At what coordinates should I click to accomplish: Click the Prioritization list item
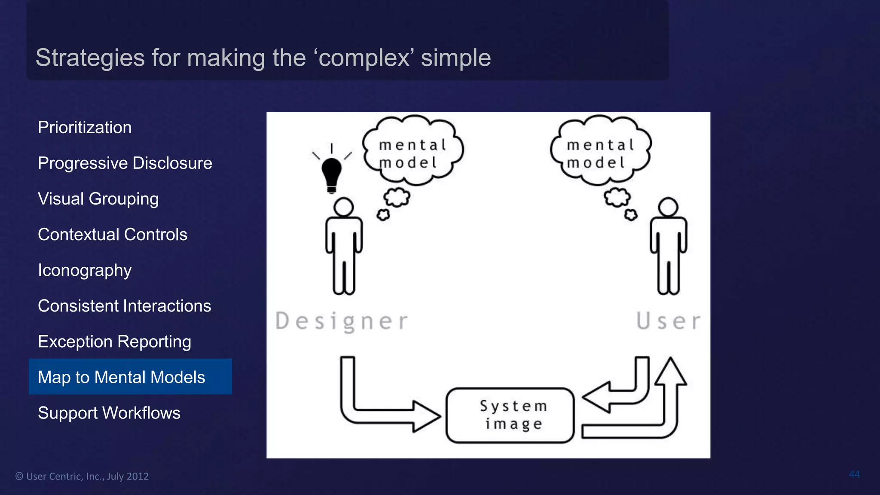tap(85, 128)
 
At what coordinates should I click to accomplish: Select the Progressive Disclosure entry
tap(125, 163)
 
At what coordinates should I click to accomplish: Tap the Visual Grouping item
tap(98, 199)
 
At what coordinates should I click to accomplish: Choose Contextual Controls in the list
tap(113, 235)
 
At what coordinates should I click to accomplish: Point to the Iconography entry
tap(85, 270)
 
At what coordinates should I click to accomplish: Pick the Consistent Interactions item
tap(124, 306)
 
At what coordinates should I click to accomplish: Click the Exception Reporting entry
tap(114, 342)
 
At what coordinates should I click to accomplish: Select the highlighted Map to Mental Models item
tap(122, 377)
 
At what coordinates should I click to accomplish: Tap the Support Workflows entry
tap(109, 413)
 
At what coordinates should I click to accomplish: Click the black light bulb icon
tap(331, 174)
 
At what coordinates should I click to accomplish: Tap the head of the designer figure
tap(344, 207)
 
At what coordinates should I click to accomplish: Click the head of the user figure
tap(668, 207)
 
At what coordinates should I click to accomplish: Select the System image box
tap(510, 415)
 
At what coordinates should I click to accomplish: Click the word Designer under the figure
tap(342, 321)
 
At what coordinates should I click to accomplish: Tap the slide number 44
tap(854, 474)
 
